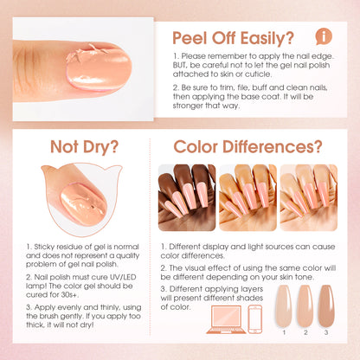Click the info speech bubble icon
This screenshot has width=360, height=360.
324,36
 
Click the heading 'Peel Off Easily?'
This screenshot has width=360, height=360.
233,38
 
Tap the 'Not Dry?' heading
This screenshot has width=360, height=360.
84,147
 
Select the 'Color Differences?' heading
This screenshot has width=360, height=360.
247,146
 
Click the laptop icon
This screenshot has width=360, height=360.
226,319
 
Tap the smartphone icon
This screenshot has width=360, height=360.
255,319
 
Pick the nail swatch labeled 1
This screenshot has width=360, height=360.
284,305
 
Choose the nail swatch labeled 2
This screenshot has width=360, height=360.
305,305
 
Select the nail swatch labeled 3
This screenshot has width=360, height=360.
326,305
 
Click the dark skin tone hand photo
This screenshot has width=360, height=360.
187,197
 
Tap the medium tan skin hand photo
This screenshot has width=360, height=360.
247,197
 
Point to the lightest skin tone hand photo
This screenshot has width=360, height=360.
309,197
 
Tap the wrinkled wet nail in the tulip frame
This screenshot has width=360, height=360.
84,203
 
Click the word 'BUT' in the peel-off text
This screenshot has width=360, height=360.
180,65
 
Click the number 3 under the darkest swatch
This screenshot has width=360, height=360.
326,332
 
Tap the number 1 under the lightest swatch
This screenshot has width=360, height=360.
284,332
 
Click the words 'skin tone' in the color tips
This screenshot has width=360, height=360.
299,277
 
